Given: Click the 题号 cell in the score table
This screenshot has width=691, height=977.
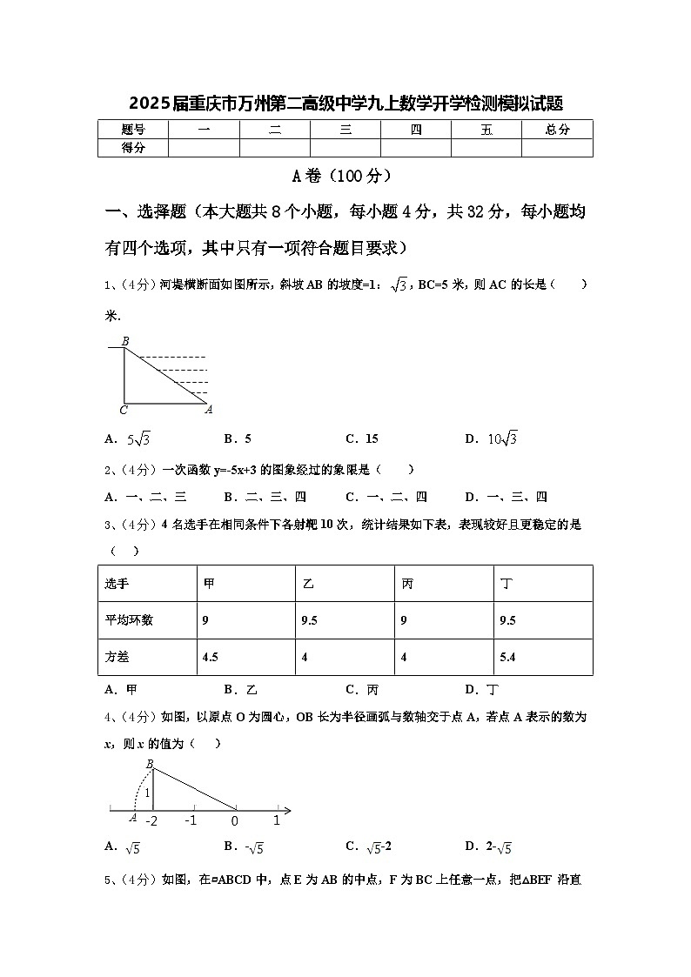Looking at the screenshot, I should click(x=133, y=130).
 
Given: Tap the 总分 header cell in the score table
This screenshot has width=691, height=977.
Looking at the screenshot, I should click(x=557, y=130).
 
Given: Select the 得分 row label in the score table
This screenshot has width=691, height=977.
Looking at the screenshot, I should click(x=133, y=148).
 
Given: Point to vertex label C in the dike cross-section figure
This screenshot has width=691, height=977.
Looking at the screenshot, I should click(x=124, y=409).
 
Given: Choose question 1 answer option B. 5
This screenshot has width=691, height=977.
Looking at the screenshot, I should click(x=238, y=438).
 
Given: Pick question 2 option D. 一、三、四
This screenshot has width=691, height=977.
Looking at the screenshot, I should click(x=506, y=497).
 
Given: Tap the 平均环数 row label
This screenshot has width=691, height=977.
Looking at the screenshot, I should click(x=129, y=620).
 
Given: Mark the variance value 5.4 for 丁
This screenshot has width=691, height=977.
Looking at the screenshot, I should click(x=508, y=657).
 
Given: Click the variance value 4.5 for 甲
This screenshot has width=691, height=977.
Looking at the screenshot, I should click(x=210, y=657).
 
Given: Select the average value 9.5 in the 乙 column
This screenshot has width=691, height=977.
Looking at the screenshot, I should click(x=309, y=620).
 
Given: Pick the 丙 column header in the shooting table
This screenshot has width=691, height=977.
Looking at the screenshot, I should click(x=407, y=584).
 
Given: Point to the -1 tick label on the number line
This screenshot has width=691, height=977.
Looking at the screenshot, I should click(x=191, y=820).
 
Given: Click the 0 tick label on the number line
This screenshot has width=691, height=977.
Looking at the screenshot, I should click(x=235, y=820).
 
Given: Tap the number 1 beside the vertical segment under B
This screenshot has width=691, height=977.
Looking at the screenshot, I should click(x=148, y=793).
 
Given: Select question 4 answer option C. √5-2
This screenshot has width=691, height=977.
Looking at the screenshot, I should click(x=368, y=846).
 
